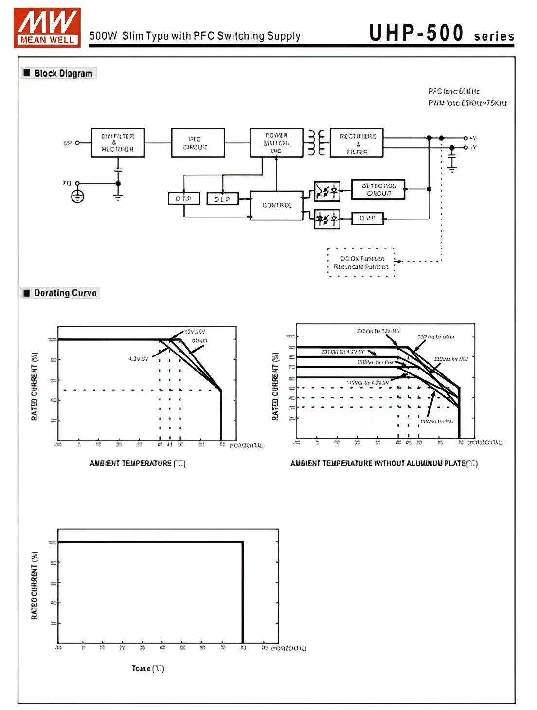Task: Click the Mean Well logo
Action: click(x=47, y=27)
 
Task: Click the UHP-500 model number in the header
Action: click(x=416, y=33)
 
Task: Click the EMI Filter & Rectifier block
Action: click(x=118, y=143)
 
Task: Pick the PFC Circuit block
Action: click(x=197, y=143)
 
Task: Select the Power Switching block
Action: click(x=276, y=143)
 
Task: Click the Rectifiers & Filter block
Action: click(x=357, y=143)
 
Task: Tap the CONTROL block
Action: click(x=276, y=205)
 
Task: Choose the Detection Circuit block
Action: click(x=378, y=189)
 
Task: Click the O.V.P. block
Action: click(x=367, y=218)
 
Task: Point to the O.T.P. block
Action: click(x=183, y=199)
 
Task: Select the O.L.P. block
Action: click(x=222, y=199)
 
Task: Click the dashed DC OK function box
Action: click(x=361, y=263)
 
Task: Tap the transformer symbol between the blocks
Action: click(x=317, y=143)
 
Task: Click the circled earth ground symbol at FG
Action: click(x=77, y=196)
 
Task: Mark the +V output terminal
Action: click(x=466, y=138)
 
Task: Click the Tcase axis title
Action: click(x=148, y=669)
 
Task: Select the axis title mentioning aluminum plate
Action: click(x=384, y=463)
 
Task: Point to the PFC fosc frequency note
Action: click(x=453, y=91)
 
